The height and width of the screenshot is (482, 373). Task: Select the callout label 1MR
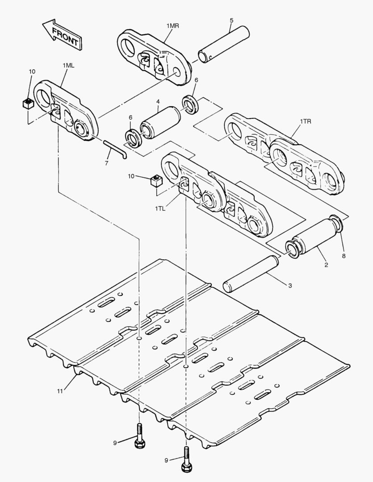click(x=172, y=26)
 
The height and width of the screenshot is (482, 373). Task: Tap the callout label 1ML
click(x=68, y=65)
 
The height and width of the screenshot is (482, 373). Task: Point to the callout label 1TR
click(x=305, y=121)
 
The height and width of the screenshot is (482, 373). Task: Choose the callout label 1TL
click(x=160, y=209)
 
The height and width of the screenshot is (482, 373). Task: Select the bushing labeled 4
click(x=160, y=122)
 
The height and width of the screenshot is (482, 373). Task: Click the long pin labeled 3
click(x=251, y=274)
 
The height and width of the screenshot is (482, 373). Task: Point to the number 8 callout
click(x=344, y=256)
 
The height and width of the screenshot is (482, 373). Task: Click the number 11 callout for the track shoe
click(x=60, y=391)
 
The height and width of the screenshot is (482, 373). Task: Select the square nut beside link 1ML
click(x=28, y=104)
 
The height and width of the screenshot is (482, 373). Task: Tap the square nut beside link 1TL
click(x=156, y=180)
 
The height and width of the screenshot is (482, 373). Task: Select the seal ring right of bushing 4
click(x=190, y=104)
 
